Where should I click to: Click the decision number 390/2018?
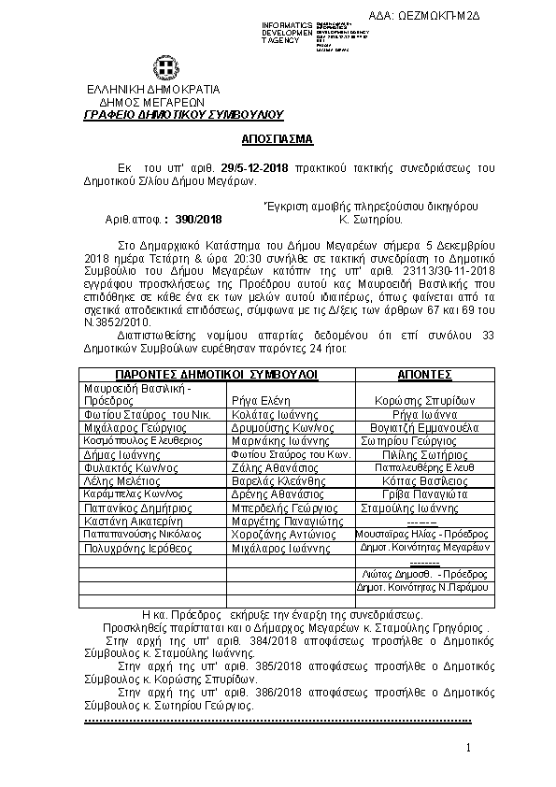(196, 221)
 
